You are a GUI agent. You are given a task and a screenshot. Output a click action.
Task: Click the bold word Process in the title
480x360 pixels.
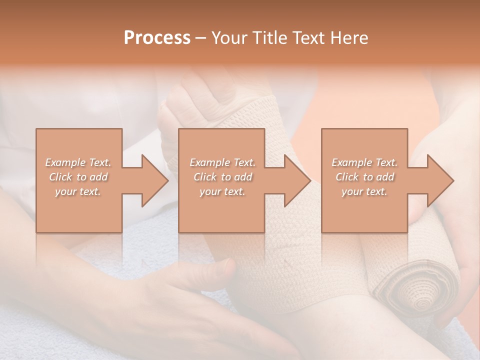pos(157,38)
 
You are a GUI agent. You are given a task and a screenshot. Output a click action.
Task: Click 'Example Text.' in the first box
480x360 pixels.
pos(78,162)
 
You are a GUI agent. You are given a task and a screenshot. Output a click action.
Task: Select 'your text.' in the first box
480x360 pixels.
pos(78,191)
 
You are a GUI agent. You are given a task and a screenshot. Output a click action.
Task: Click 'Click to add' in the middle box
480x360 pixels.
pos(222,177)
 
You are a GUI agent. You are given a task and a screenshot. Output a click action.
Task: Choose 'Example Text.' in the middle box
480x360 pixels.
pos(222,162)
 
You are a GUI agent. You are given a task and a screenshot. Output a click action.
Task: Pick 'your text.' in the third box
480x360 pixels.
pos(364,191)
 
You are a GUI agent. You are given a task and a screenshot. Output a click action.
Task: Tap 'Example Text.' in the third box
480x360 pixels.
pos(364,162)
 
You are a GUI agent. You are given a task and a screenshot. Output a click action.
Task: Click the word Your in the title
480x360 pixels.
pos(228,38)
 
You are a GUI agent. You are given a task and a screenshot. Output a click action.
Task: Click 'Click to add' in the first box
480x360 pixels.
pos(78,177)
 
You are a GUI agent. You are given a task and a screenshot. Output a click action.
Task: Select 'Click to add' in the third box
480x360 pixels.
pos(364,177)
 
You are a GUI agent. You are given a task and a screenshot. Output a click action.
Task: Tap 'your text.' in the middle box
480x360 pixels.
pos(222,191)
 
